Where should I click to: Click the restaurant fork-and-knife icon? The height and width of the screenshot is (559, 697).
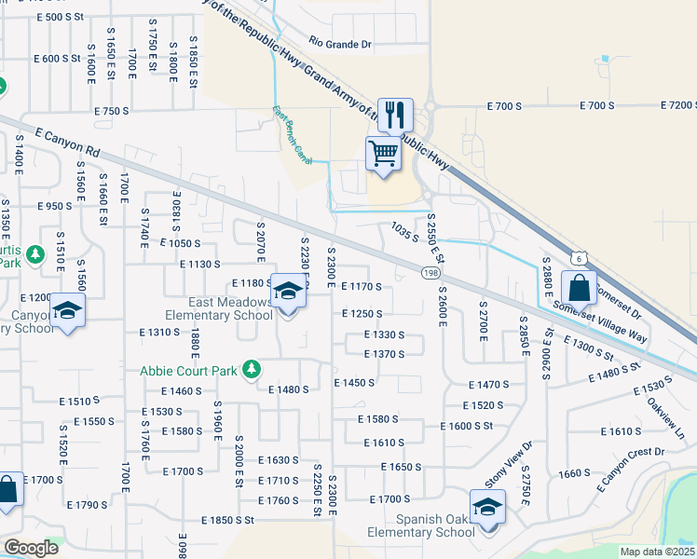pyautogui.click(x=395, y=116)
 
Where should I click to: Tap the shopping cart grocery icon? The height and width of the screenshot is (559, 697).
pyautogui.click(x=383, y=155)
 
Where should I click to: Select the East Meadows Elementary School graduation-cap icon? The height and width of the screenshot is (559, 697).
pyautogui.click(x=289, y=294)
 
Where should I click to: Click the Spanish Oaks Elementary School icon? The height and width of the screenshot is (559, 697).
pyautogui.click(x=486, y=509)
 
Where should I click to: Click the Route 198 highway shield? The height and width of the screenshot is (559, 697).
pyautogui.click(x=430, y=272)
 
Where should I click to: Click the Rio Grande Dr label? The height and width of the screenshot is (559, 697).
pyautogui.click(x=340, y=44)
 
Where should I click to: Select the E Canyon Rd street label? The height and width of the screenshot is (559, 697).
pyautogui.click(x=65, y=141)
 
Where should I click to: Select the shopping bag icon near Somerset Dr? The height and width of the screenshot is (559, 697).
pyautogui.click(x=579, y=289)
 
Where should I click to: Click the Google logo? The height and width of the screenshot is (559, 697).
pyautogui.click(x=31, y=548)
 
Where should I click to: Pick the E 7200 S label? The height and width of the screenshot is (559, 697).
pyautogui.click(x=677, y=106)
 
